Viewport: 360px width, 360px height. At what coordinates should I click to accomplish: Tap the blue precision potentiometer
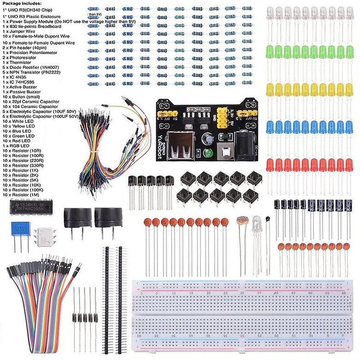21,229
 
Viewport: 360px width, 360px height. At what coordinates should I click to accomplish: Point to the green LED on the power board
209,153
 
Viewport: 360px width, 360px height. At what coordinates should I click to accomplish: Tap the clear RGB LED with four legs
258,226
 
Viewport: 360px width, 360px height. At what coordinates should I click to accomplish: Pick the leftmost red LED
270,165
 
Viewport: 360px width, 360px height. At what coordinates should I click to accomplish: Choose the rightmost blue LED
349,127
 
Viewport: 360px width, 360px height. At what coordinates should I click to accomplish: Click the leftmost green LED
270,51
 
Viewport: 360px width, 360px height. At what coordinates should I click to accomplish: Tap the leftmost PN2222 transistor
132,181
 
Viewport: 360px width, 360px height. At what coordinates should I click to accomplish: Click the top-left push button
186,178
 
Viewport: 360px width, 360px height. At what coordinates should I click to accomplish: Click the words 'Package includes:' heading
22,3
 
